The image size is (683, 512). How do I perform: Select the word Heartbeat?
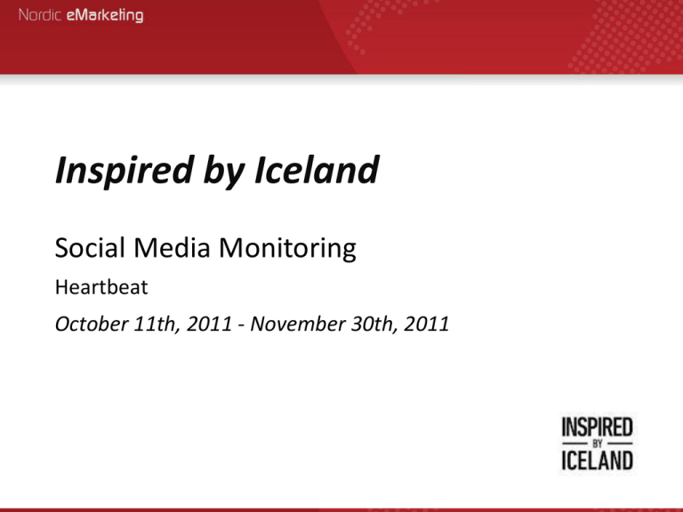[x=97, y=289]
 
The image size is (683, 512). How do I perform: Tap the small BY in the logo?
[x=597, y=443]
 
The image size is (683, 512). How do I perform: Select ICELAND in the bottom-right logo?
[x=597, y=460]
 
